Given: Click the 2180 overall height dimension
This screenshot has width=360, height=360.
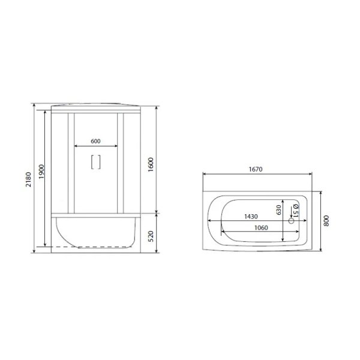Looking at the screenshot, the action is point(28,179).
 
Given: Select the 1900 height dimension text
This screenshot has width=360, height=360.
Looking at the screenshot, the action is point(41,172).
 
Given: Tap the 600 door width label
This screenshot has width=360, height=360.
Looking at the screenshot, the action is point(95,141).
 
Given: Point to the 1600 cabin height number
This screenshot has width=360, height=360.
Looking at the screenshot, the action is point(151,164).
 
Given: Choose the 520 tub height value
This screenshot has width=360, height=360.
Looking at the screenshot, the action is point(151,236).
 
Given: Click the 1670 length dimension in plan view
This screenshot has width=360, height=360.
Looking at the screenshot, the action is point(256,169).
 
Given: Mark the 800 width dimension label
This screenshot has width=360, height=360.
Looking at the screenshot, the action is point(326,221).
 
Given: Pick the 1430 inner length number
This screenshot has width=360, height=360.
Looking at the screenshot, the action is point(251,217).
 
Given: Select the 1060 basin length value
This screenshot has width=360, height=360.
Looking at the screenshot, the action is point(261,228).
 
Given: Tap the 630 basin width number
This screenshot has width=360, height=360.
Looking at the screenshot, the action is point(278,210).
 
